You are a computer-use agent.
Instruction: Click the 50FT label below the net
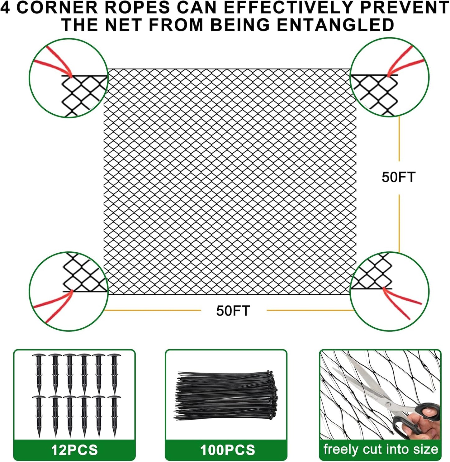click(x=233, y=311)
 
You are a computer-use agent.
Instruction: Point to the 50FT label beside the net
click(x=399, y=177)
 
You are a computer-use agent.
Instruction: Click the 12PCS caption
click(x=74, y=450)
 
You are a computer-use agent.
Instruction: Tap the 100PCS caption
click(x=227, y=450)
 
